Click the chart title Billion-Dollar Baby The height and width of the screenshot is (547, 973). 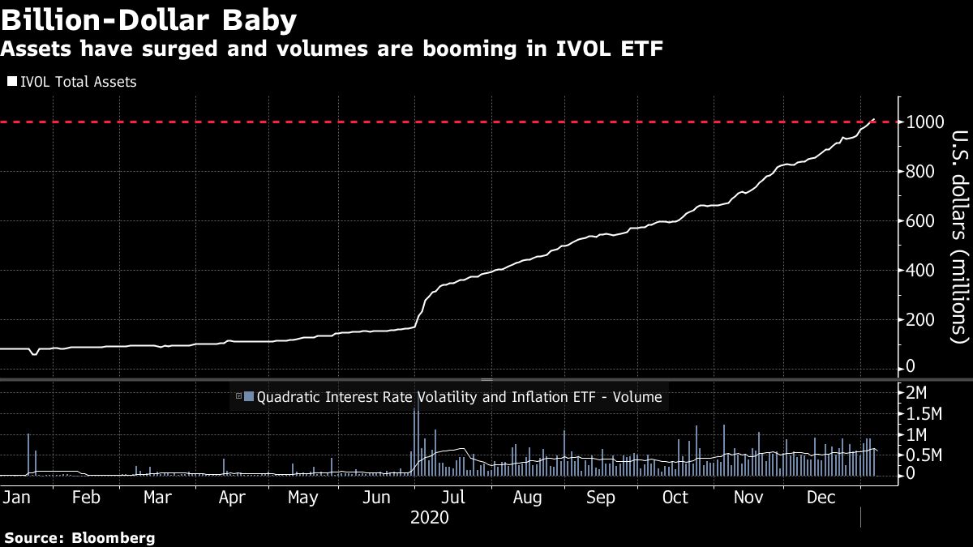point(149,19)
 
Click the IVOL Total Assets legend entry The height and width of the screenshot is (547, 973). point(72,82)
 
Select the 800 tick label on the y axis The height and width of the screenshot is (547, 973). point(924,172)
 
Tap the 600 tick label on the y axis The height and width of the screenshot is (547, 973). point(924,221)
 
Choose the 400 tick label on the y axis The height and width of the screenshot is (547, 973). point(924,271)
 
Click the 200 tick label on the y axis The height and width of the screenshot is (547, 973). point(924,320)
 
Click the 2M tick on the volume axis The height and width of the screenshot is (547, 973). point(917,393)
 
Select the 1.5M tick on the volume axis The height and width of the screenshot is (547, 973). point(924,414)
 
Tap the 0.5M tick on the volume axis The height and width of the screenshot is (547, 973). point(924,455)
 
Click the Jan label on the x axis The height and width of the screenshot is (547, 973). point(15,497)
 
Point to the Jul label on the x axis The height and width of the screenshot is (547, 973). point(454,497)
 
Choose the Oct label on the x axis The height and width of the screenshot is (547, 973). point(675,497)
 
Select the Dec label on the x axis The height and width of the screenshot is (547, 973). point(823,497)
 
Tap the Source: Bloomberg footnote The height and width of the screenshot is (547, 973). point(79,538)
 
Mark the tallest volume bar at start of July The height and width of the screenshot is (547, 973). point(416,442)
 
